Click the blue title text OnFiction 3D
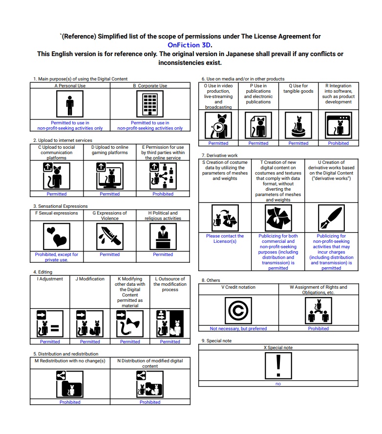point(190,45)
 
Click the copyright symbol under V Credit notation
point(238,310)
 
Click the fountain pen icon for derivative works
point(331,217)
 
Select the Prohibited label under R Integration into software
point(338,143)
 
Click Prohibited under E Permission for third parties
point(163,194)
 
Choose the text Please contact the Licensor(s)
point(225,238)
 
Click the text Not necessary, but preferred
point(238,329)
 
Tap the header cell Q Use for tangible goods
point(298,89)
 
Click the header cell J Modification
point(90,279)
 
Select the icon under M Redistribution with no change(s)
point(70,384)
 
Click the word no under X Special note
point(278,384)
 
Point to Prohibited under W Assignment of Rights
point(318,329)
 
